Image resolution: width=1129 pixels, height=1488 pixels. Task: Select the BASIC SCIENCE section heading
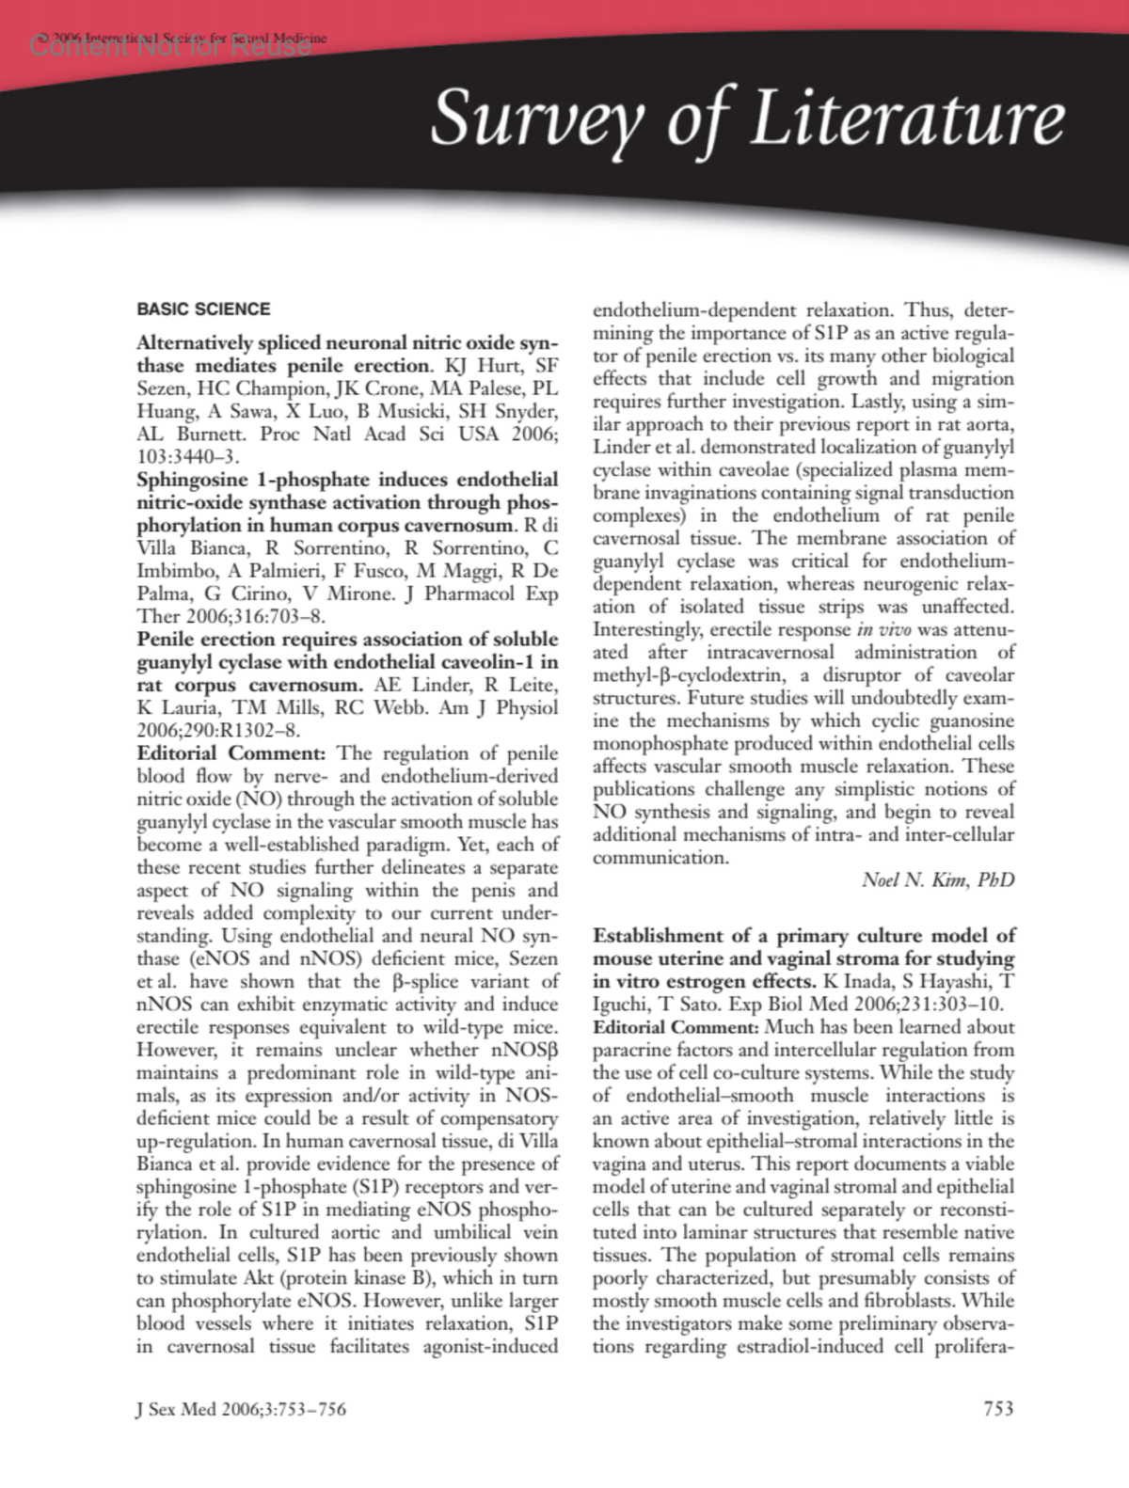pyautogui.click(x=203, y=309)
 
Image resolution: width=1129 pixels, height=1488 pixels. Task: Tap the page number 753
pyautogui.click(x=998, y=1408)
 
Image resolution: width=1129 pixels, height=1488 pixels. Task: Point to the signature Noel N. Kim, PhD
pyautogui.click(x=938, y=880)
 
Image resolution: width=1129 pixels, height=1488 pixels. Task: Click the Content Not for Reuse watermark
pyautogui.click(x=170, y=45)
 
